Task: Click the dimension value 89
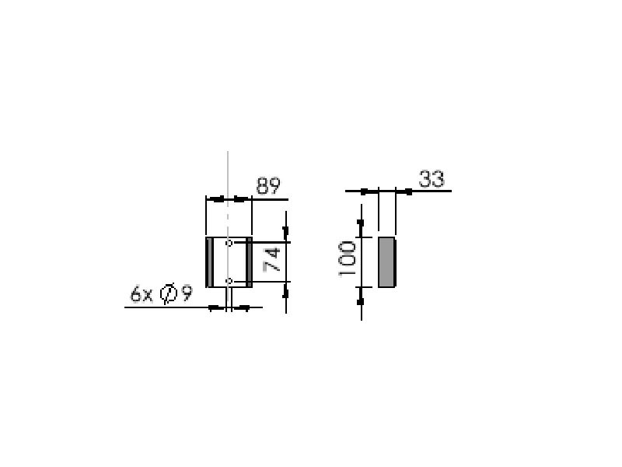(268, 185)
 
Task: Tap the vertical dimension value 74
(272, 260)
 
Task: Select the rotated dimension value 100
(347, 258)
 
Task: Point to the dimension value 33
(432, 179)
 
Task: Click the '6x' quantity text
(142, 294)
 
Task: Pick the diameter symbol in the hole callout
(168, 294)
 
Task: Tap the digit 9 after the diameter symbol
(187, 294)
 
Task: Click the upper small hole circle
(229, 243)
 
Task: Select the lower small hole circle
(229, 281)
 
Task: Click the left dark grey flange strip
(209, 262)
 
